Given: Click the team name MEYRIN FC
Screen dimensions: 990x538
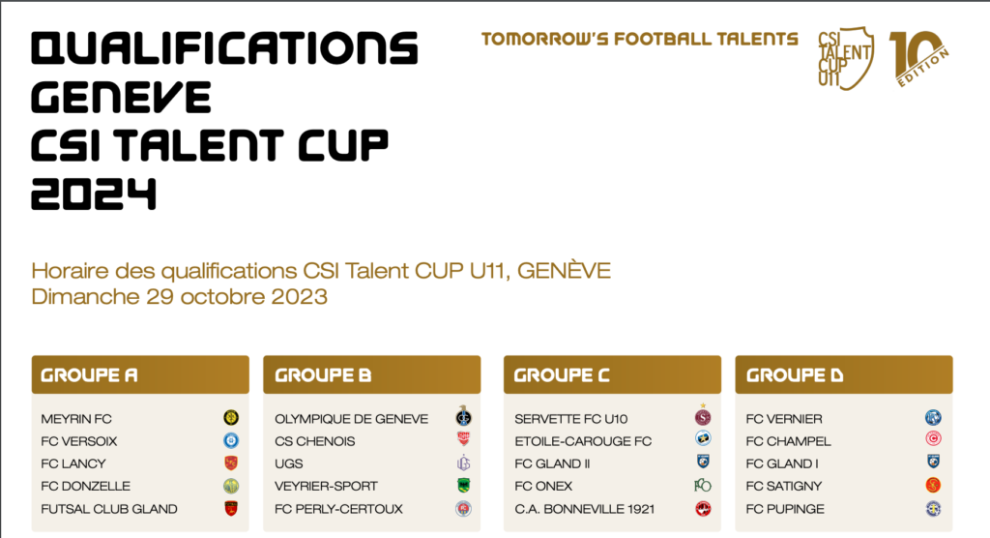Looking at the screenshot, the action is tap(76, 419).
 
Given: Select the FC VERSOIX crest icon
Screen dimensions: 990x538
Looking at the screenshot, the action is tap(231, 440).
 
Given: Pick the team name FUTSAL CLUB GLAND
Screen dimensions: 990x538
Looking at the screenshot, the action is tap(109, 509).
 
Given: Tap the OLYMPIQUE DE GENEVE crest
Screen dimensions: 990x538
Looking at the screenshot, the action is tap(463, 416).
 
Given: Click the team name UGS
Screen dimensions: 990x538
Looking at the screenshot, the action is tap(288, 463).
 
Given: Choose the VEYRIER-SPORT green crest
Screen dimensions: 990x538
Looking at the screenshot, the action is tap(463, 486).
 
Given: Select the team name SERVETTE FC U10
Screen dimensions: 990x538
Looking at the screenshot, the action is tap(570, 419).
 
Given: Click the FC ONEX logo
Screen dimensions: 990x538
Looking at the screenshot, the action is tap(703, 486).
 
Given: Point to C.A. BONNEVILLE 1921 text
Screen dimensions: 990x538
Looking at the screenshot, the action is tap(585, 509).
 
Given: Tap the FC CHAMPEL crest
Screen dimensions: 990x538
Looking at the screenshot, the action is tap(933, 438).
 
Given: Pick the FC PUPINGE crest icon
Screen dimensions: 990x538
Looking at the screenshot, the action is tap(933, 508).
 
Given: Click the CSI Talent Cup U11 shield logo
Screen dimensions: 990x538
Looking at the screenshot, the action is tap(846, 57).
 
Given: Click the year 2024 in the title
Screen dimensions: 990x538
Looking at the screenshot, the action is tap(94, 194).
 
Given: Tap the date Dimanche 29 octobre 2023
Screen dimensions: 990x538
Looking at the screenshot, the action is tap(179, 296).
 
